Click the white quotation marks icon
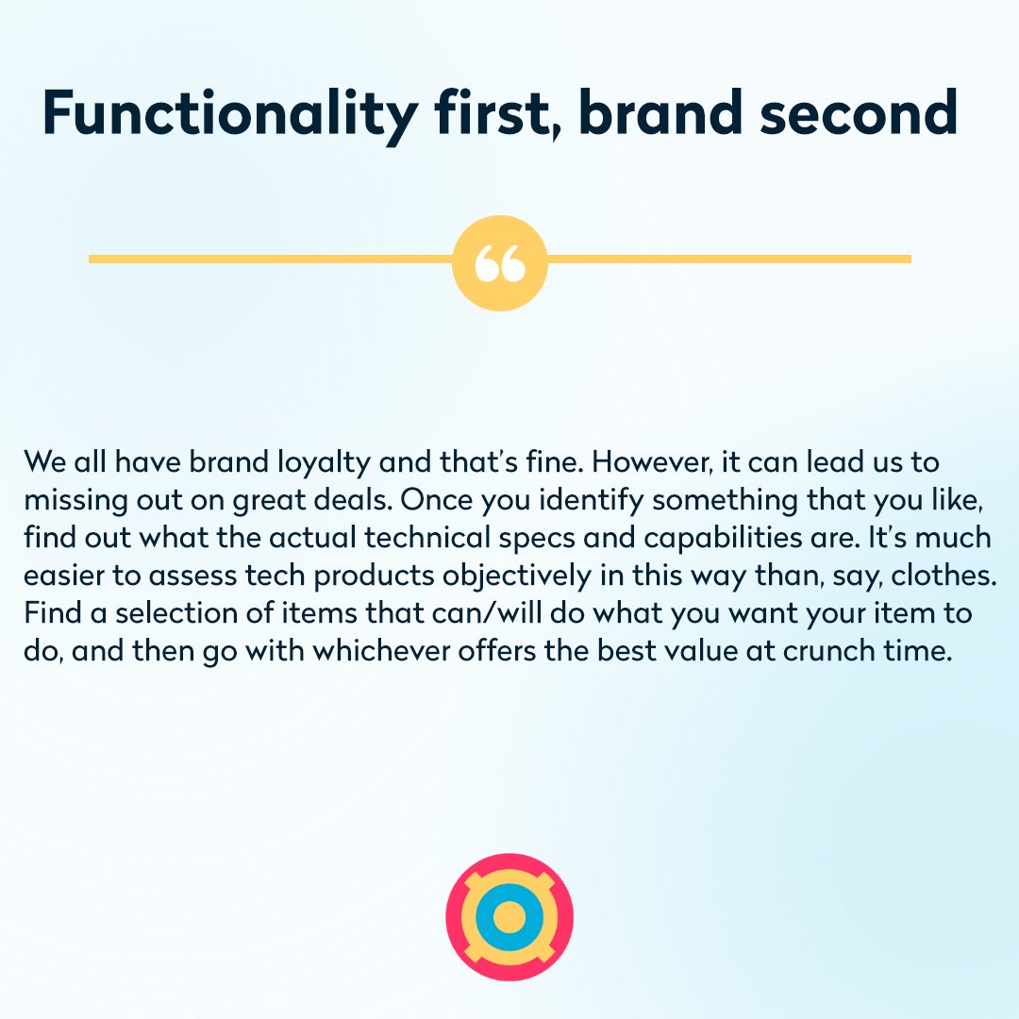point(499,263)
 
